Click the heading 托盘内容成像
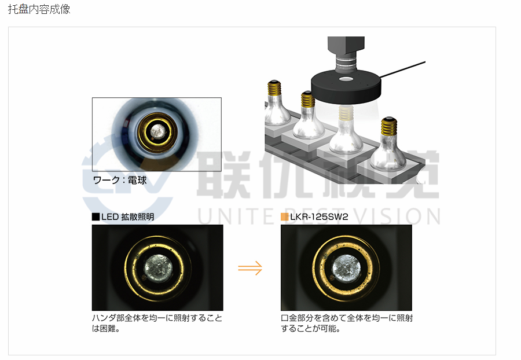point(39,9)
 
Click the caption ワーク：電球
point(120,181)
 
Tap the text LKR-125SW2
point(319,217)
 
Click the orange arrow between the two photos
point(250,268)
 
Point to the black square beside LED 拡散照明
point(96,217)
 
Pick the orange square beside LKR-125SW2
point(284,217)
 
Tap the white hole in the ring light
point(346,79)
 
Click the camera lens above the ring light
point(346,63)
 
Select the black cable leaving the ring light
point(402,69)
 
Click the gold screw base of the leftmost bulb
point(274,87)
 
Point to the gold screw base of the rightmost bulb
point(389,126)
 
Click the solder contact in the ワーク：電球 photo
point(157,131)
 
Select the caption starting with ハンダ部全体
point(157,323)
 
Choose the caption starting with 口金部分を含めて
point(347,323)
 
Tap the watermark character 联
point(223,174)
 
